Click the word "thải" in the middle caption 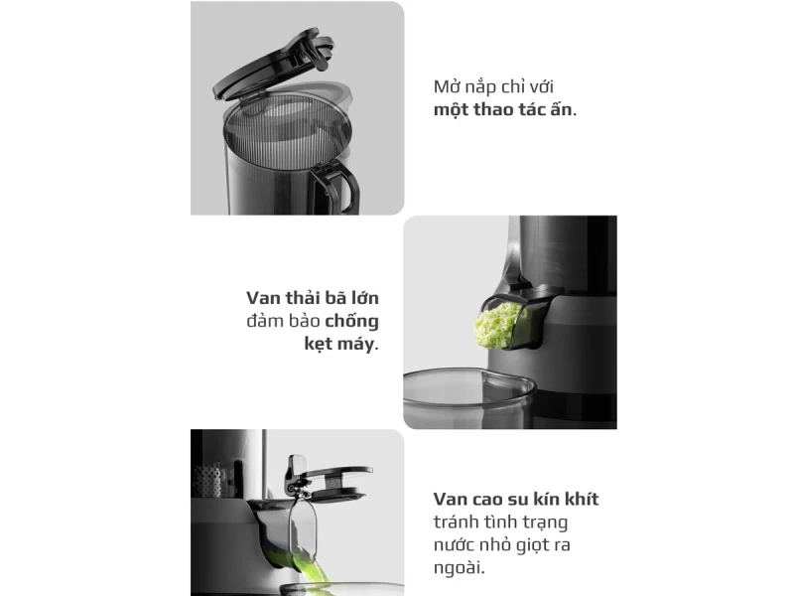click(x=307, y=298)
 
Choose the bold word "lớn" click(x=361, y=298)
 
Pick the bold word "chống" click(x=352, y=322)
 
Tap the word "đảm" click(x=265, y=322)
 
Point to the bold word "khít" click(x=578, y=499)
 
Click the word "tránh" click(x=459, y=521)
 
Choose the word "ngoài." click(x=461, y=569)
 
